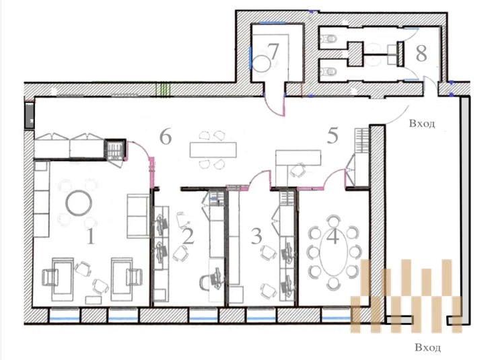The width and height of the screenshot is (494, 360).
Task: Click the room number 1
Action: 91,236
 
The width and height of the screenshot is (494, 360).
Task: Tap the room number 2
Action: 188,236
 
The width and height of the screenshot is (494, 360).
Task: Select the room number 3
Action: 256,236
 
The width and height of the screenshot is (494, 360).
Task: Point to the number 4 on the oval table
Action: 332,236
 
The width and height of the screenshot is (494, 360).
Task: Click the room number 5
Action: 332,135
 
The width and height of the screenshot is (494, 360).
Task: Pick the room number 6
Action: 166,137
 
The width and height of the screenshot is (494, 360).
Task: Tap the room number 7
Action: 273,51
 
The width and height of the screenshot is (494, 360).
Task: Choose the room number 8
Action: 421,53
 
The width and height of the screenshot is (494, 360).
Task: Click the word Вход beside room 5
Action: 422,123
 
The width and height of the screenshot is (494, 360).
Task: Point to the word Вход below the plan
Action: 428,347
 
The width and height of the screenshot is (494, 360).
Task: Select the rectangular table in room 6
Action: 213,150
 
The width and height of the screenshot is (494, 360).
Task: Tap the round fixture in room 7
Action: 261,64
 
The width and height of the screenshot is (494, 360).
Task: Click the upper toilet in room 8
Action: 328,40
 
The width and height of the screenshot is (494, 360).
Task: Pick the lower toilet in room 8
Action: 328,71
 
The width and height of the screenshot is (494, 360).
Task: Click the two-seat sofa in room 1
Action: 138,216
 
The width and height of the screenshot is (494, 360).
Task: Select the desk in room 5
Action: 298,157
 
